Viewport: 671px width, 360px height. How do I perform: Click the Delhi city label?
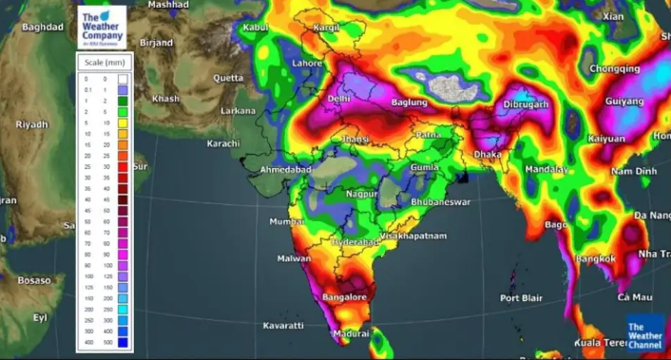338,98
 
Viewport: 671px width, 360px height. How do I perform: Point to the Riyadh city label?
31,123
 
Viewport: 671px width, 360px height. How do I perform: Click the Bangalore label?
344,297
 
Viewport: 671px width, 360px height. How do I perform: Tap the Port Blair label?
523,298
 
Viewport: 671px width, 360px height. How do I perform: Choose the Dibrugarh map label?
526,104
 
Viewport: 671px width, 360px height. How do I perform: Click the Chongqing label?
615,69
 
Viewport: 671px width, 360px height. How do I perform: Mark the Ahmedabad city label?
286,169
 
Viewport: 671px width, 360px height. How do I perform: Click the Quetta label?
228,78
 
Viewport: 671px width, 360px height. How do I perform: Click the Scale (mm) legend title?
105,63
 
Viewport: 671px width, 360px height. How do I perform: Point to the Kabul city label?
257,28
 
